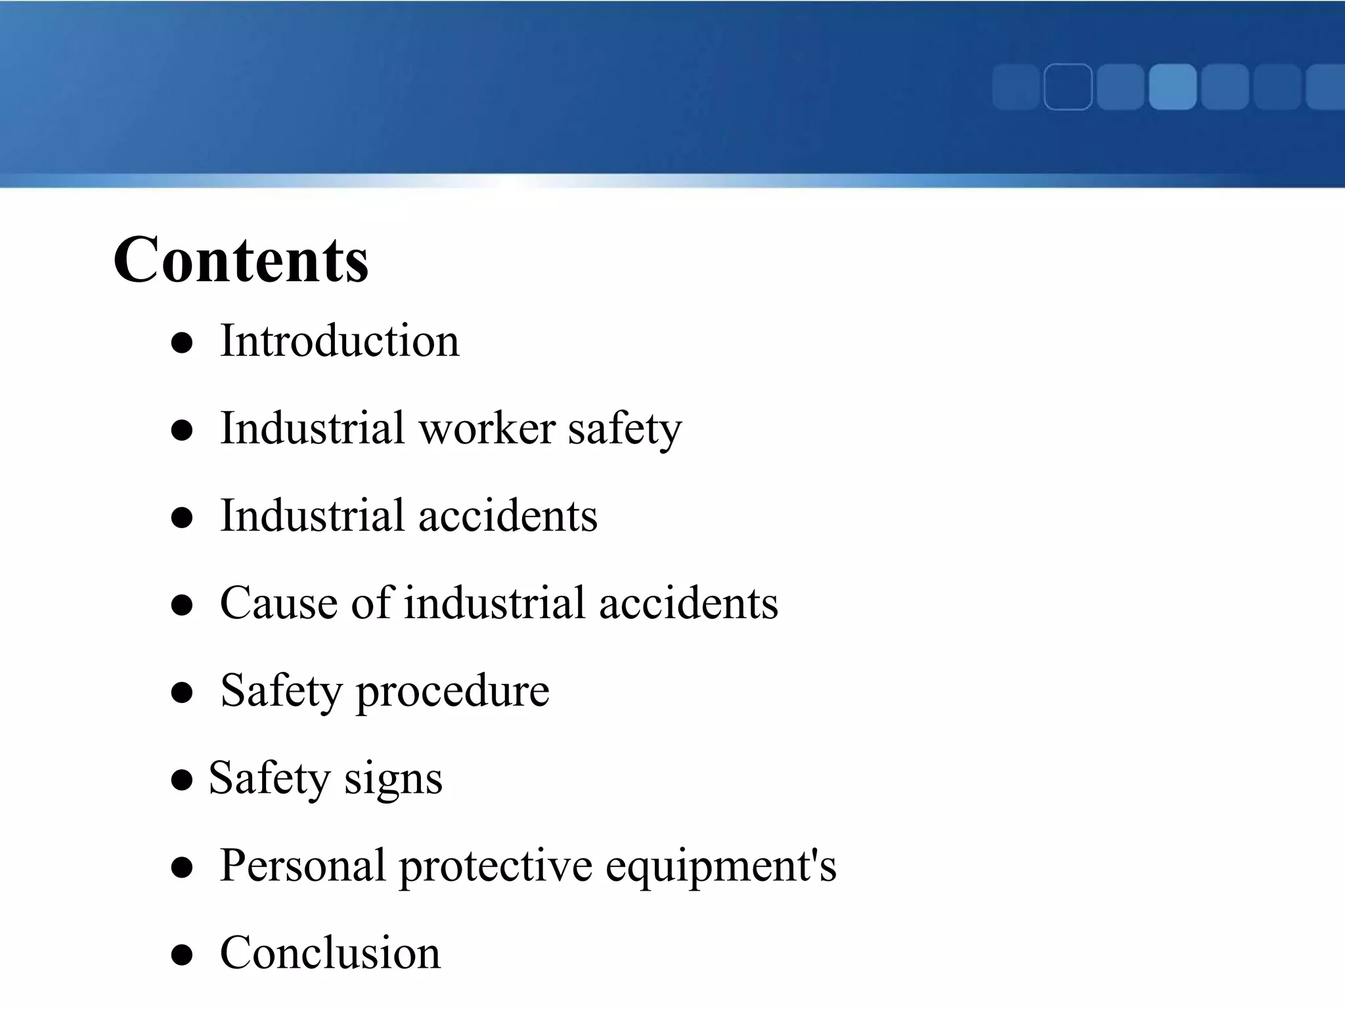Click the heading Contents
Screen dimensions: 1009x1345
pyautogui.click(x=240, y=260)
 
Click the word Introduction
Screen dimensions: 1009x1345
pyautogui.click(x=340, y=341)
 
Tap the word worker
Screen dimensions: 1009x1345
pyautogui.click(x=487, y=428)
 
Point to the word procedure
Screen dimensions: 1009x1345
pyautogui.click(x=452, y=691)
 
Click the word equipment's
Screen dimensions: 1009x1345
pyautogui.click(x=720, y=866)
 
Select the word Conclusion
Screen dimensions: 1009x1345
pyautogui.click(x=330, y=953)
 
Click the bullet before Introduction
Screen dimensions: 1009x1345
pyautogui.click(x=181, y=343)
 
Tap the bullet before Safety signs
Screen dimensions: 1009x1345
pyautogui.click(x=181, y=780)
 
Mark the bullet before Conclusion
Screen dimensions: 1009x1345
pyautogui.click(x=181, y=954)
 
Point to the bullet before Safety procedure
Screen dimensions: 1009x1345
pyautogui.click(x=181, y=692)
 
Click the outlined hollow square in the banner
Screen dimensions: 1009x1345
pyautogui.click(x=1068, y=87)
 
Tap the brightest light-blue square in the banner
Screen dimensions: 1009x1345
pyautogui.click(x=1172, y=87)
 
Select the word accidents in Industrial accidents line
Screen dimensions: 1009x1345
pyautogui.click(x=508, y=516)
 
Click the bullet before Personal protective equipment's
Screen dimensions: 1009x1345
pyautogui.click(x=181, y=867)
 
